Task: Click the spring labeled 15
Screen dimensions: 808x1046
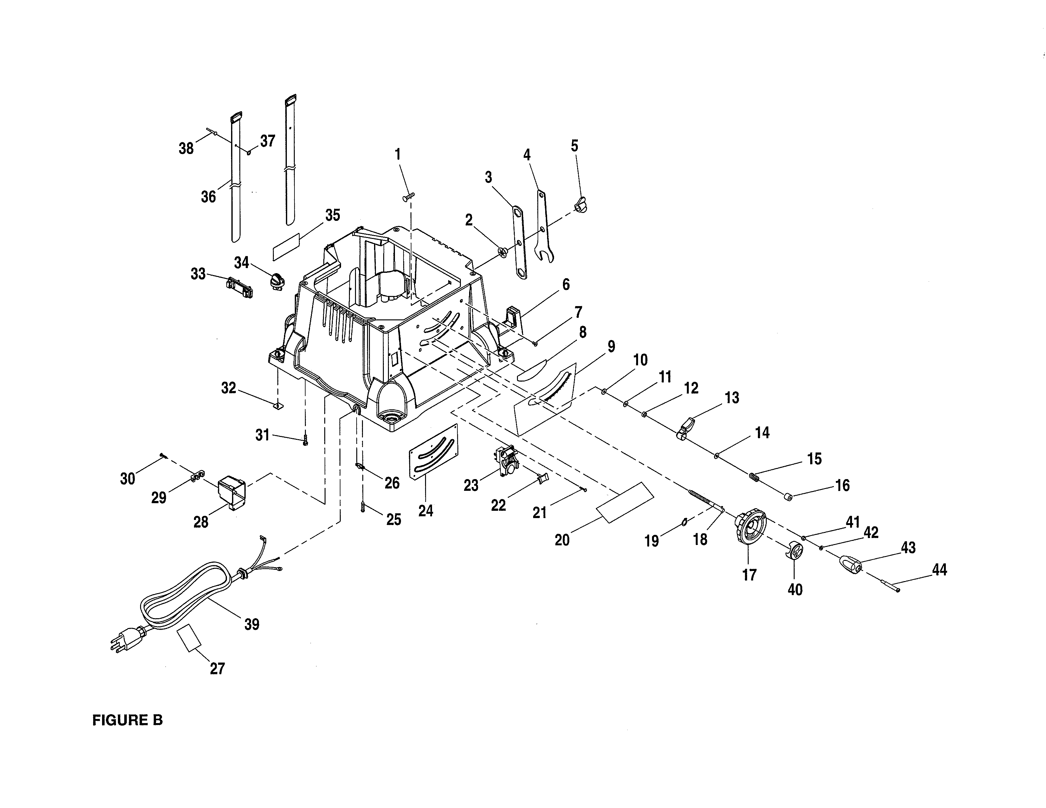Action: tap(755, 477)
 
